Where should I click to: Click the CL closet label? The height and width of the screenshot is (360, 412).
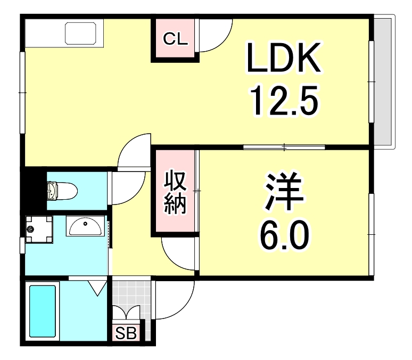tap(174, 39)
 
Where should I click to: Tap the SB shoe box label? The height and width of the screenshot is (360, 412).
tap(127, 334)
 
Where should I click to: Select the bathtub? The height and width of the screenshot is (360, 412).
tap(42, 311)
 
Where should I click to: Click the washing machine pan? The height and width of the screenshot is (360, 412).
tap(38, 229)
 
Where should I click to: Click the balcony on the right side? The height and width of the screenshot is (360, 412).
tap(383, 83)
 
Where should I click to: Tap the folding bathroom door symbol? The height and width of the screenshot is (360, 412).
tap(96, 288)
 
